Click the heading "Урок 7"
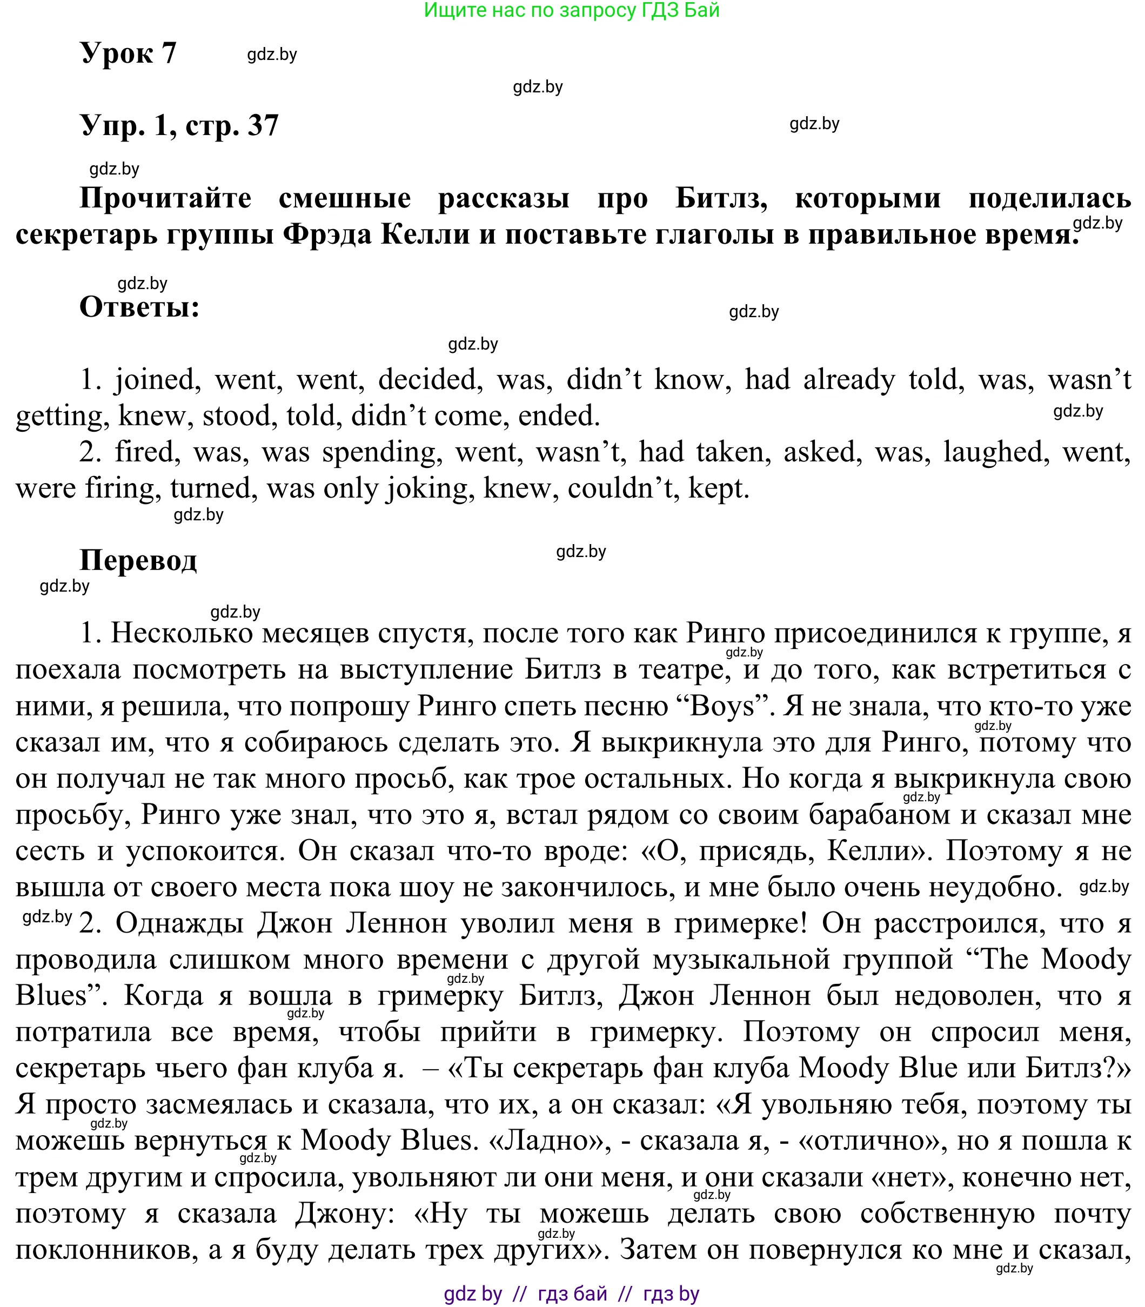pos(128,52)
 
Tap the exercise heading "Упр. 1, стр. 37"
pos(179,125)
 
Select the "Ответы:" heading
pos(139,307)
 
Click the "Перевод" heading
pos(138,560)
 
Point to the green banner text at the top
pos(572,10)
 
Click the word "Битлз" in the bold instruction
pos(721,199)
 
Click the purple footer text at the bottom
pos(572,1293)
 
